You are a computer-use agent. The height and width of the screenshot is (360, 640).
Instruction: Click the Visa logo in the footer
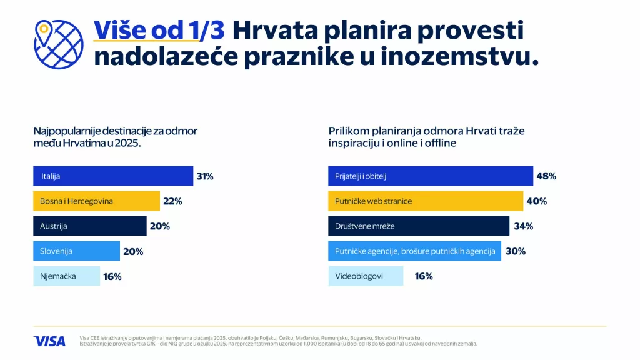point(49,341)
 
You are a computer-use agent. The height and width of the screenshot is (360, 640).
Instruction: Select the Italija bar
point(113,176)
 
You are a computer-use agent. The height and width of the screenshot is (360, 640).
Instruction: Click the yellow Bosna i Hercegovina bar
point(96,201)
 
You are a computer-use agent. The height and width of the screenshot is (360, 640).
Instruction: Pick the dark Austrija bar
point(89,226)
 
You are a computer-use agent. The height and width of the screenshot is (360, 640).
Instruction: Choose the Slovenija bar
point(76,251)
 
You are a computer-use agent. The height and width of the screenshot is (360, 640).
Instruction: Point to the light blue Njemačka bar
point(66,276)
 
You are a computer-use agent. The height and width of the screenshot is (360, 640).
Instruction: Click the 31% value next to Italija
point(205,176)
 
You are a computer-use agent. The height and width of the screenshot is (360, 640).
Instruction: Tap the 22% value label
point(172,201)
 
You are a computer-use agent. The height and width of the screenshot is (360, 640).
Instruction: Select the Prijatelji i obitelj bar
point(431,176)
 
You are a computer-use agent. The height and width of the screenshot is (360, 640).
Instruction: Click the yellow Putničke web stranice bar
point(426,201)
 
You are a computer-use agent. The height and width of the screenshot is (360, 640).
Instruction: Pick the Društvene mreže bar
point(419,226)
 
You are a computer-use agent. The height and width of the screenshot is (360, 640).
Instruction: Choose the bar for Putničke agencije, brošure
point(414,251)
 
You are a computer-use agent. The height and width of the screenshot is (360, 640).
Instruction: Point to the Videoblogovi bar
point(366,276)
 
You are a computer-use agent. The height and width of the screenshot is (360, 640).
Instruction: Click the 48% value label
point(546,176)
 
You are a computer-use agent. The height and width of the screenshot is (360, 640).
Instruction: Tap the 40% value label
point(537,201)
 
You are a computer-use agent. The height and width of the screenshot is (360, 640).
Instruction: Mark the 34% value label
point(523,226)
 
